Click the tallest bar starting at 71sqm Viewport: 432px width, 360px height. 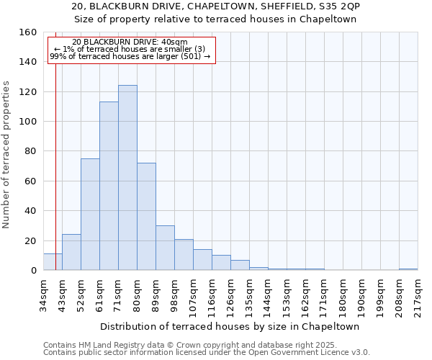pos(127,178)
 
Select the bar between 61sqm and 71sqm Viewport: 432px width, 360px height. pos(109,186)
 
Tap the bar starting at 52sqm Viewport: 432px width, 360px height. pos(90,215)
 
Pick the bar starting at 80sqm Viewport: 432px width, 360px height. pos(146,217)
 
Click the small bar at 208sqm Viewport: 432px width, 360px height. pos(408,269)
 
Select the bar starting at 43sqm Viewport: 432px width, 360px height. pos(71,252)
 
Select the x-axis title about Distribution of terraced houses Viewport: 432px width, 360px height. pos(230,326)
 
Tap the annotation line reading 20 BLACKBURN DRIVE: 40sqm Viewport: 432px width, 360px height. pos(130,42)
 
